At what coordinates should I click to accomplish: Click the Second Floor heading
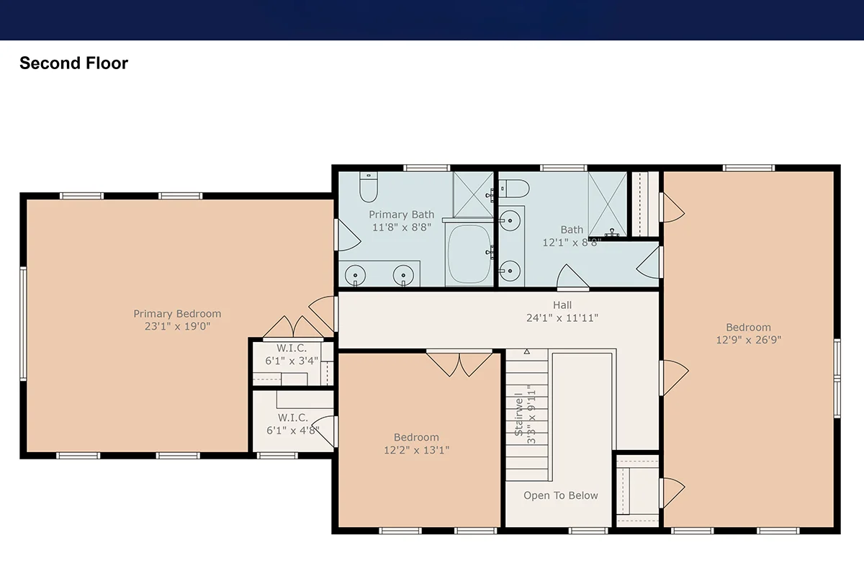point(73,63)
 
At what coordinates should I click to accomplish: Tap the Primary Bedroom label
point(177,314)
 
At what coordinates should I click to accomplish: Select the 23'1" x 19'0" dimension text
point(177,326)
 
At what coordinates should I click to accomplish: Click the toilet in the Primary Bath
point(369,186)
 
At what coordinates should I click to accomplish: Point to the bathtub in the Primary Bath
point(469,254)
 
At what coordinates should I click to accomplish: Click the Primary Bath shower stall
point(473,195)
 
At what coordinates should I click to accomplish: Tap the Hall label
point(562,305)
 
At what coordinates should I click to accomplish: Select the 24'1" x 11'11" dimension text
point(562,318)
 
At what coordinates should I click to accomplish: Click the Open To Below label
point(560,495)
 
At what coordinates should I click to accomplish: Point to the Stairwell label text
point(519,414)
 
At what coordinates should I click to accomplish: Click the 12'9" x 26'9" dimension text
point(749,340)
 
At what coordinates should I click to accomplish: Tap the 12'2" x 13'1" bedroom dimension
point(417,450)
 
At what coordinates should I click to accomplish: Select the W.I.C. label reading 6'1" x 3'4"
point(292,354)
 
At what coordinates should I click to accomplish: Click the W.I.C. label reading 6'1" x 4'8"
point(293,424)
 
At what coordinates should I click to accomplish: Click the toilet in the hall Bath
point(514,189)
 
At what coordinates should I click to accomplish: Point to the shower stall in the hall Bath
point(608,204)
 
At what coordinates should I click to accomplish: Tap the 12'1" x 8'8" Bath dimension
point(572,243)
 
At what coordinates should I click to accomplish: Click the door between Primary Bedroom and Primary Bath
point(347,235)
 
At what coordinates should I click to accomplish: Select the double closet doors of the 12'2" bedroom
point(459,363)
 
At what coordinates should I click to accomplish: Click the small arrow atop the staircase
point(527,351)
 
